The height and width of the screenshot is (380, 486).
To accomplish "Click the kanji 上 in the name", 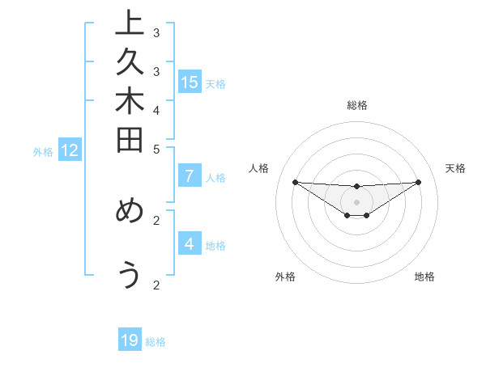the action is tap(130, 23).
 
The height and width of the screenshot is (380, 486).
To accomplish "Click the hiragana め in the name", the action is tap(130, 211).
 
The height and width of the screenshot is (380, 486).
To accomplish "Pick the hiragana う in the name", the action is tap(130, 275).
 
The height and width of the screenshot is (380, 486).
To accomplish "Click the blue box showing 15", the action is tap(190, 82).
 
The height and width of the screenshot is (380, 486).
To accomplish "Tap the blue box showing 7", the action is tap(190, 175).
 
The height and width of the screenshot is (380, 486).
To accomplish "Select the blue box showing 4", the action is tap(190, 243).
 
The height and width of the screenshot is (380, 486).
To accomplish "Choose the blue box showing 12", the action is tap(70, 150).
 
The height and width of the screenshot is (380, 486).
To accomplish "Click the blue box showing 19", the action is tap(130, 340).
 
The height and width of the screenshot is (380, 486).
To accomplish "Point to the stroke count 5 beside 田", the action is tap(156, 150).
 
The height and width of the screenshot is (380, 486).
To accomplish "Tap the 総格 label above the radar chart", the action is tap(357, 105).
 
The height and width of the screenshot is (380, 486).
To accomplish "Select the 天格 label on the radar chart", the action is tap(455, 168).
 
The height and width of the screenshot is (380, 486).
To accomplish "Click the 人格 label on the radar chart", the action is tap(259, 168).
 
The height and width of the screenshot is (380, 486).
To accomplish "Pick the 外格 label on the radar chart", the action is tap(285, 277).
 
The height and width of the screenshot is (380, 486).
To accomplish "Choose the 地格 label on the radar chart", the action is tap(424, 277).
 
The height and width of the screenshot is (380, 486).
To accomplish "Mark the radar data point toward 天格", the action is tap(418, 182).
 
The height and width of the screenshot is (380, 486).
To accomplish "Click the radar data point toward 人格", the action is tap(295, 182).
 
